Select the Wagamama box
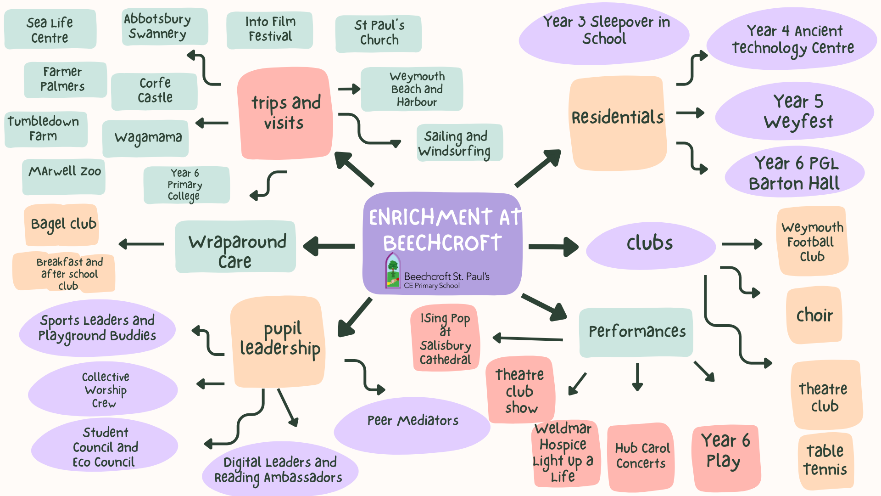click(x=146, y=138)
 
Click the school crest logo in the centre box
click(x=393, y=271)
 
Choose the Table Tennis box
click(x=825, y=460)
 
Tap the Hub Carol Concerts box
click(x=641, y=456)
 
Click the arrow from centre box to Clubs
click(x=553, y=247)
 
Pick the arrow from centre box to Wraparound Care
click(x=329, y=246)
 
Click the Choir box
click(x=814, y=316)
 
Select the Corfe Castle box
click(x=155, y=91)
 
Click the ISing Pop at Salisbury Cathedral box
click(x=445, y=338)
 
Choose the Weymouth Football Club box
click(x=812, y=242)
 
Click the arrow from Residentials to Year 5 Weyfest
click(x=690, y=113)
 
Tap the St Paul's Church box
click(x=379, y=33)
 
